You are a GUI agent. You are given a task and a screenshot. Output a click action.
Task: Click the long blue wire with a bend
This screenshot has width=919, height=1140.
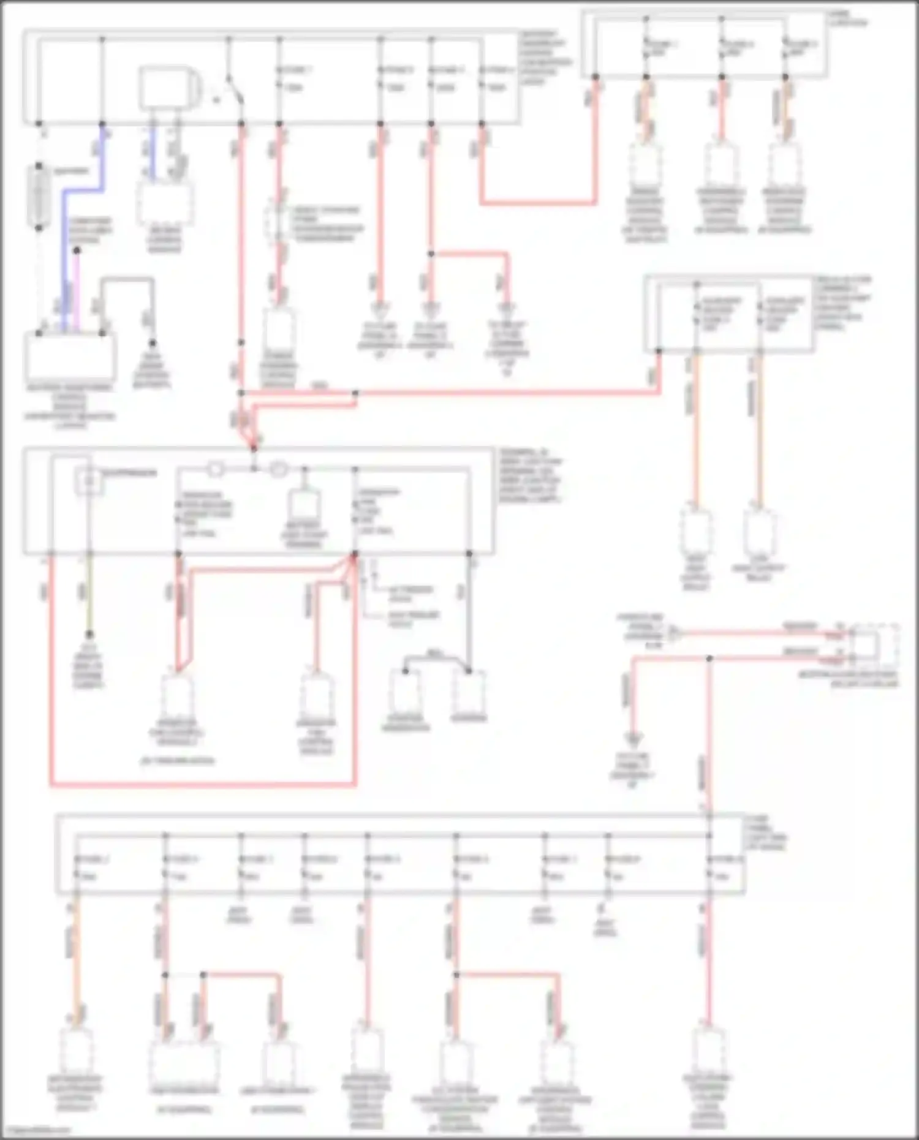(64, 245)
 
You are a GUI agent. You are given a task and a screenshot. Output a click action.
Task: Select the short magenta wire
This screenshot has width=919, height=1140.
(77, 288)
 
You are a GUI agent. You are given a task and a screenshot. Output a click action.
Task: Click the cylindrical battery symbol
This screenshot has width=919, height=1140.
(39, 197)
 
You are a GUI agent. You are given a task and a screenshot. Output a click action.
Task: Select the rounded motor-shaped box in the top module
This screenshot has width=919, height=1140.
(168, 88)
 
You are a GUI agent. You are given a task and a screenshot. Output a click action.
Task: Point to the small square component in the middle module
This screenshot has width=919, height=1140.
(88, 481)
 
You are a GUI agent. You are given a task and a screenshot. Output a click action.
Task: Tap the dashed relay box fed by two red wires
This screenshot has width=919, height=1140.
(876, 646)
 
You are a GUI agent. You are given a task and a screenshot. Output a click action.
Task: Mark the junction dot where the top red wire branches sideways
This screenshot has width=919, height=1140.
(431, 253)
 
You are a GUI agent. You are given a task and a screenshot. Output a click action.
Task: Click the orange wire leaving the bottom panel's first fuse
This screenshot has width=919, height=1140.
(75, 956)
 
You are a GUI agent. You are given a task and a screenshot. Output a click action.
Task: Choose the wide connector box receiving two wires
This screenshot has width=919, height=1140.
(184, 1063)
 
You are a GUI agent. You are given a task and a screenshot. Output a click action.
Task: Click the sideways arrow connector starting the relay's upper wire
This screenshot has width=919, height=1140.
(674, 633)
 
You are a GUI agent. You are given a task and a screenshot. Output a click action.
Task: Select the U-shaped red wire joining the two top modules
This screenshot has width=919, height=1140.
(539, 202)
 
